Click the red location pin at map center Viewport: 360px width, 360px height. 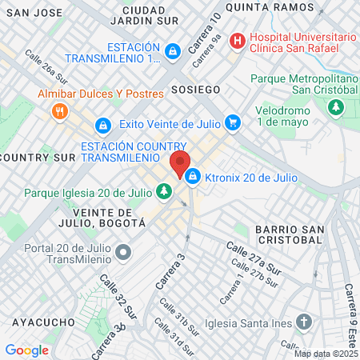(180, 163)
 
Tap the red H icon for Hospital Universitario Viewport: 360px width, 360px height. (237, 40)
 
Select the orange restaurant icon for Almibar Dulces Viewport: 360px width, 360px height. (58, 112)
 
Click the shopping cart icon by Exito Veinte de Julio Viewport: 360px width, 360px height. (232, 122)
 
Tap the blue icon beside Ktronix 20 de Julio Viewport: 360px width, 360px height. (193, 177)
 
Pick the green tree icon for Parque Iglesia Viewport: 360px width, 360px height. (163, 191)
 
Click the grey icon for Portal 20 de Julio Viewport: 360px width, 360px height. (123, 254)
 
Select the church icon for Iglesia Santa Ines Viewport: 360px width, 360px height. (303, 322)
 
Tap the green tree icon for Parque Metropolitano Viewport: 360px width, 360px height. (337, 106)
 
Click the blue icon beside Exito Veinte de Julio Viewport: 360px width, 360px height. (103, 126)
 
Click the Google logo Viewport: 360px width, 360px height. (27, 350)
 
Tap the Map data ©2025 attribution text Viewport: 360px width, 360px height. (326, 354)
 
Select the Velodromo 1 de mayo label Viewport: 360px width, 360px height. (288, 115)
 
